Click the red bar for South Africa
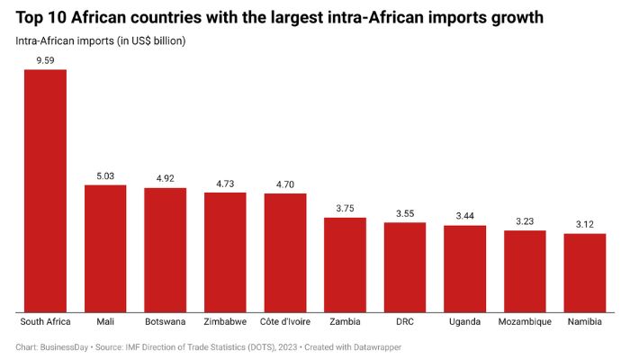click(x=45, y=189)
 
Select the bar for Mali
click(x=105, y=247)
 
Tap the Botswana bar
click(x=165, y=248)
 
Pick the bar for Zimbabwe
click(x=225, y=250)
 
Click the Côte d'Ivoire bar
click(x=285, y=251)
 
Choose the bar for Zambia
click(x=345, y=263)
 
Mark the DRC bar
click(x=405, y=265)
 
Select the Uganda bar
click(x=464, y=267)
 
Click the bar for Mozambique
click(x=525, y=269)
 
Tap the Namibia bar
click(x=585, y=271)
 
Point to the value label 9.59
click(x=45, y=60)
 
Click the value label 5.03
click(x=105, y=176)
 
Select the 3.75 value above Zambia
click(x=345, y=209)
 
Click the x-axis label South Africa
click(x=45, y=321)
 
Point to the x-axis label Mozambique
click(x=525, y=321)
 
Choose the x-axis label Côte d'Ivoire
click(x=285, y=321)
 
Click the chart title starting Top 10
click(x=279, y=17)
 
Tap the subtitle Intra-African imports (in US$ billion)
click(x=101, y=41)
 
